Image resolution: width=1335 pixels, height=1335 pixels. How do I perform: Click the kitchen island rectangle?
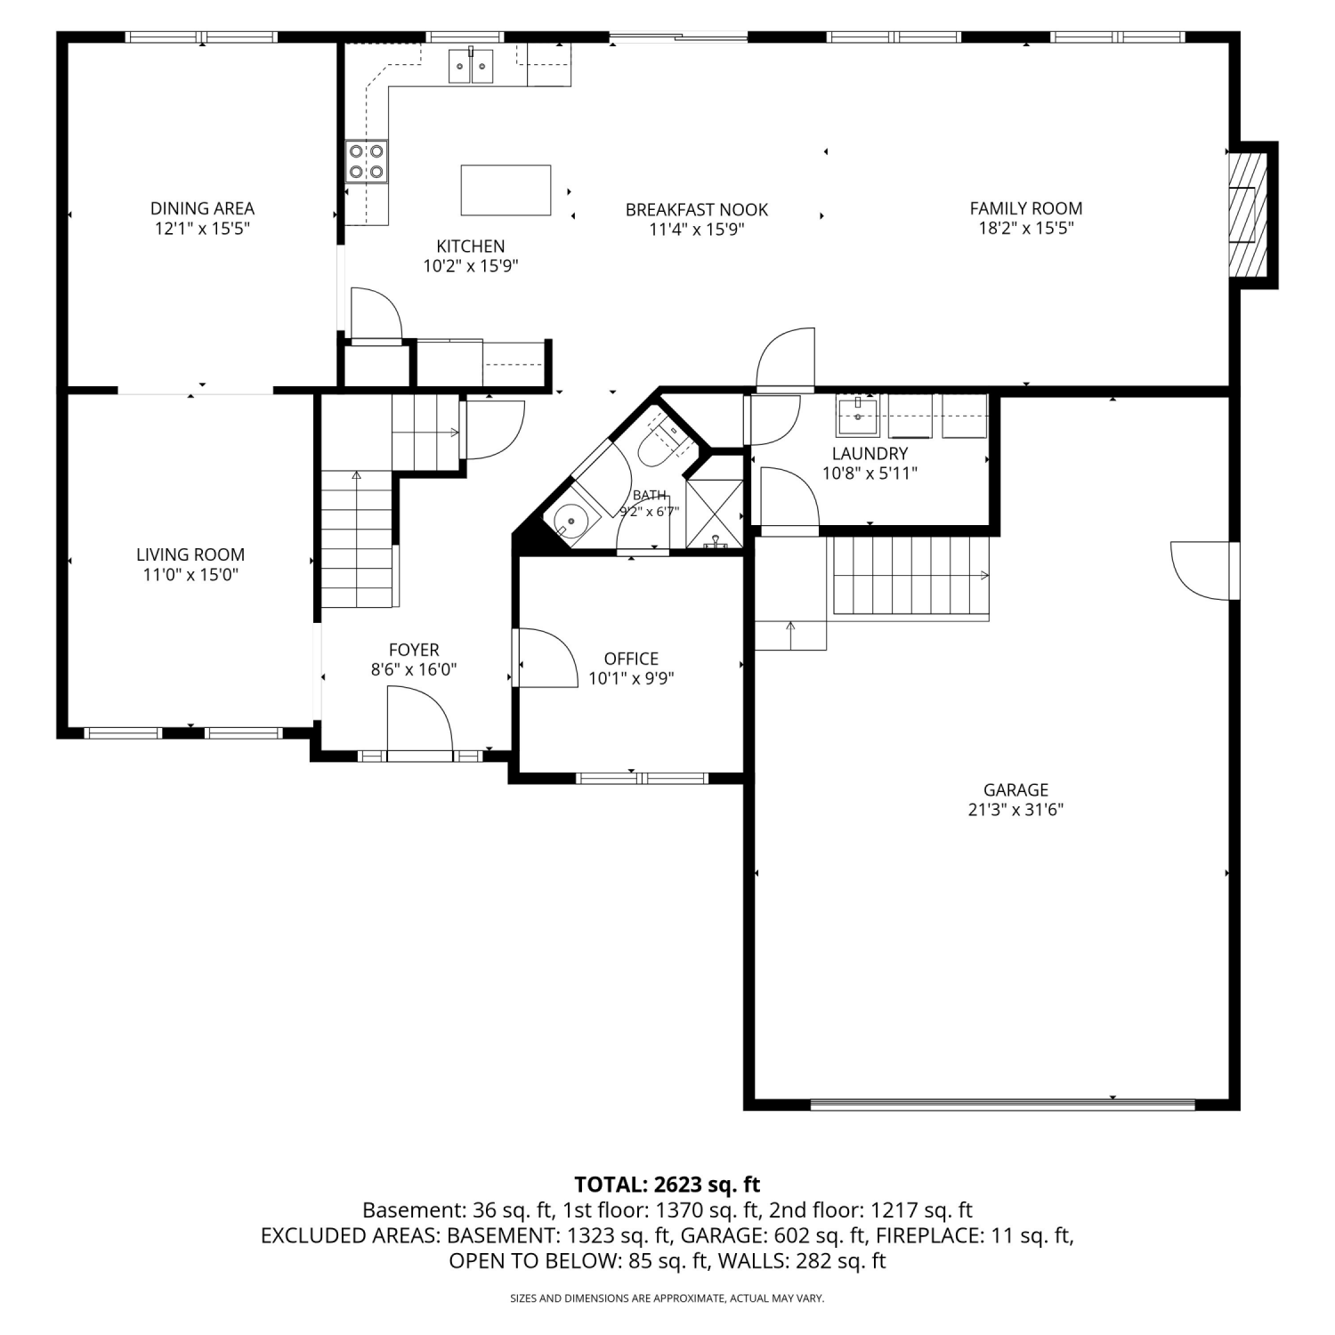(x=506, y=190)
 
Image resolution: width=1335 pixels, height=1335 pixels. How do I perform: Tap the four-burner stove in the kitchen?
(x=368, y=162)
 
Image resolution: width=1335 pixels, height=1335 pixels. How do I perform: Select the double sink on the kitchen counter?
(x=470, y=66)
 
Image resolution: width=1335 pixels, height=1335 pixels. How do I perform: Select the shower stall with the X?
(x=715, y=513)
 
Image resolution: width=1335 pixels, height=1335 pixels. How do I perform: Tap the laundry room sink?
(x=857, y=416)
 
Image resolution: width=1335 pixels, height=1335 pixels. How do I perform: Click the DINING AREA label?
(x=202, y=208)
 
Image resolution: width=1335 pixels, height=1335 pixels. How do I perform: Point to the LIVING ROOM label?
(x=190, y=554)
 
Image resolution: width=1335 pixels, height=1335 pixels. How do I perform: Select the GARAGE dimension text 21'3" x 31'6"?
(x=1015, y=810)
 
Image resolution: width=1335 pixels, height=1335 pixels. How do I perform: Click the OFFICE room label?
(x=631, y=659)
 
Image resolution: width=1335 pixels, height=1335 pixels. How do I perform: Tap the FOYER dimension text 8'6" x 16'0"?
(x=414, y=669)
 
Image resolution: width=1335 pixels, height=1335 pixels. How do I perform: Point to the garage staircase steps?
(x=910, y=576)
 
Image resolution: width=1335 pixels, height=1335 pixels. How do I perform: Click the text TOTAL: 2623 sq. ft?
(x=667, y=1185)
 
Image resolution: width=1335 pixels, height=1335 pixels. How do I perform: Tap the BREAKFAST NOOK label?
(x=697, y=210)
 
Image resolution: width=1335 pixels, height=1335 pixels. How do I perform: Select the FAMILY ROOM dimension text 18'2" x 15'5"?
(x=1026, y=228)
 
